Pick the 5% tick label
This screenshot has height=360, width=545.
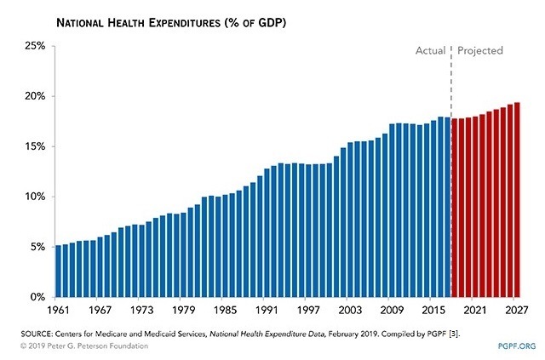[35, 247]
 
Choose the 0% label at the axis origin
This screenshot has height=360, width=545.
[35, 297]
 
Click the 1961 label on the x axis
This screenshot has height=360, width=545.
[58, 311]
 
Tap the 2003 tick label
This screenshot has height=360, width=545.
[350, 311]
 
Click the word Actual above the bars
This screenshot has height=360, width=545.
[430, 51]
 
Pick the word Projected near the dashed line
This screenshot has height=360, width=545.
[480, 51]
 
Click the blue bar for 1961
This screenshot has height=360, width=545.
[58, 271]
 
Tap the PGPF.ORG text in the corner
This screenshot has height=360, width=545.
[512, 346]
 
